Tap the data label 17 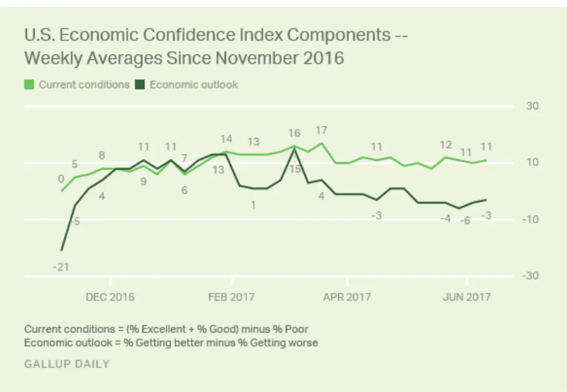tap(321, 131)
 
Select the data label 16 tap(294, 133)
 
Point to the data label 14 tap(226, 139)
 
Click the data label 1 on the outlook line tap(253, 205)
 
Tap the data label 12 tap(446, 145)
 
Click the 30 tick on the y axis tap(533, 106)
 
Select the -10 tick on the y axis tap(531, 219)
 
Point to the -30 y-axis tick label tap(531, 276)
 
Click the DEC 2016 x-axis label tap(110, 296)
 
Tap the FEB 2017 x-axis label tap(231, 296)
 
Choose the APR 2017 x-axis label tap(347, 296)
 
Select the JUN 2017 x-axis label tap(467, 296)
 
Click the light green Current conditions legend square tap(29, 85)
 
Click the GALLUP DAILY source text tap(67, 364)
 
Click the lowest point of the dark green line tap(62, 250)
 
